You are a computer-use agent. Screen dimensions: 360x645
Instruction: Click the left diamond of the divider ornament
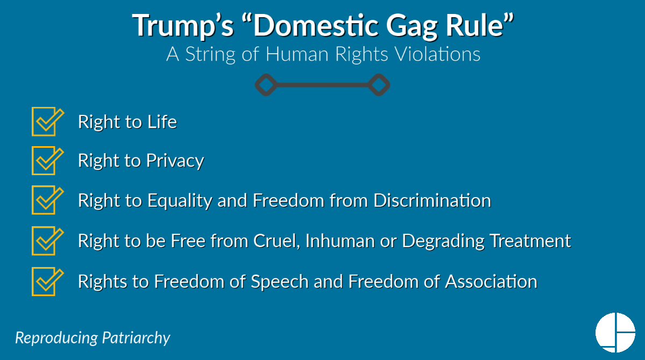click(x=266, y=84)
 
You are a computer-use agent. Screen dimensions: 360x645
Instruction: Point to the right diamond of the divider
click(x=379, y=84)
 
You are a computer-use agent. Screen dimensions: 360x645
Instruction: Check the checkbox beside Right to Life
click(x=45, y=122)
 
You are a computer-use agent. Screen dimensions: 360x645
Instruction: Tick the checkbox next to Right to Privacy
click(x=45, y=161)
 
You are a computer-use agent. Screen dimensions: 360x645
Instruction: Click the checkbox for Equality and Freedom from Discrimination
click(x=45, y=200)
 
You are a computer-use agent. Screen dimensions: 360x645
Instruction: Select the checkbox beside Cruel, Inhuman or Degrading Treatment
click(x=45, y=241)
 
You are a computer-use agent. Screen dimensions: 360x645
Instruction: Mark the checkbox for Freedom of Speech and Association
click(x=45, y=281)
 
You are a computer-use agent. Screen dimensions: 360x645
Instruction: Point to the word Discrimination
click(x=432, y=200)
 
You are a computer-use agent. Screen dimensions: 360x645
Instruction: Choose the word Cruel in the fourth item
click(x=274, y=241)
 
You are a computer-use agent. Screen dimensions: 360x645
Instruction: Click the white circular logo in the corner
click(x=615, y=332)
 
